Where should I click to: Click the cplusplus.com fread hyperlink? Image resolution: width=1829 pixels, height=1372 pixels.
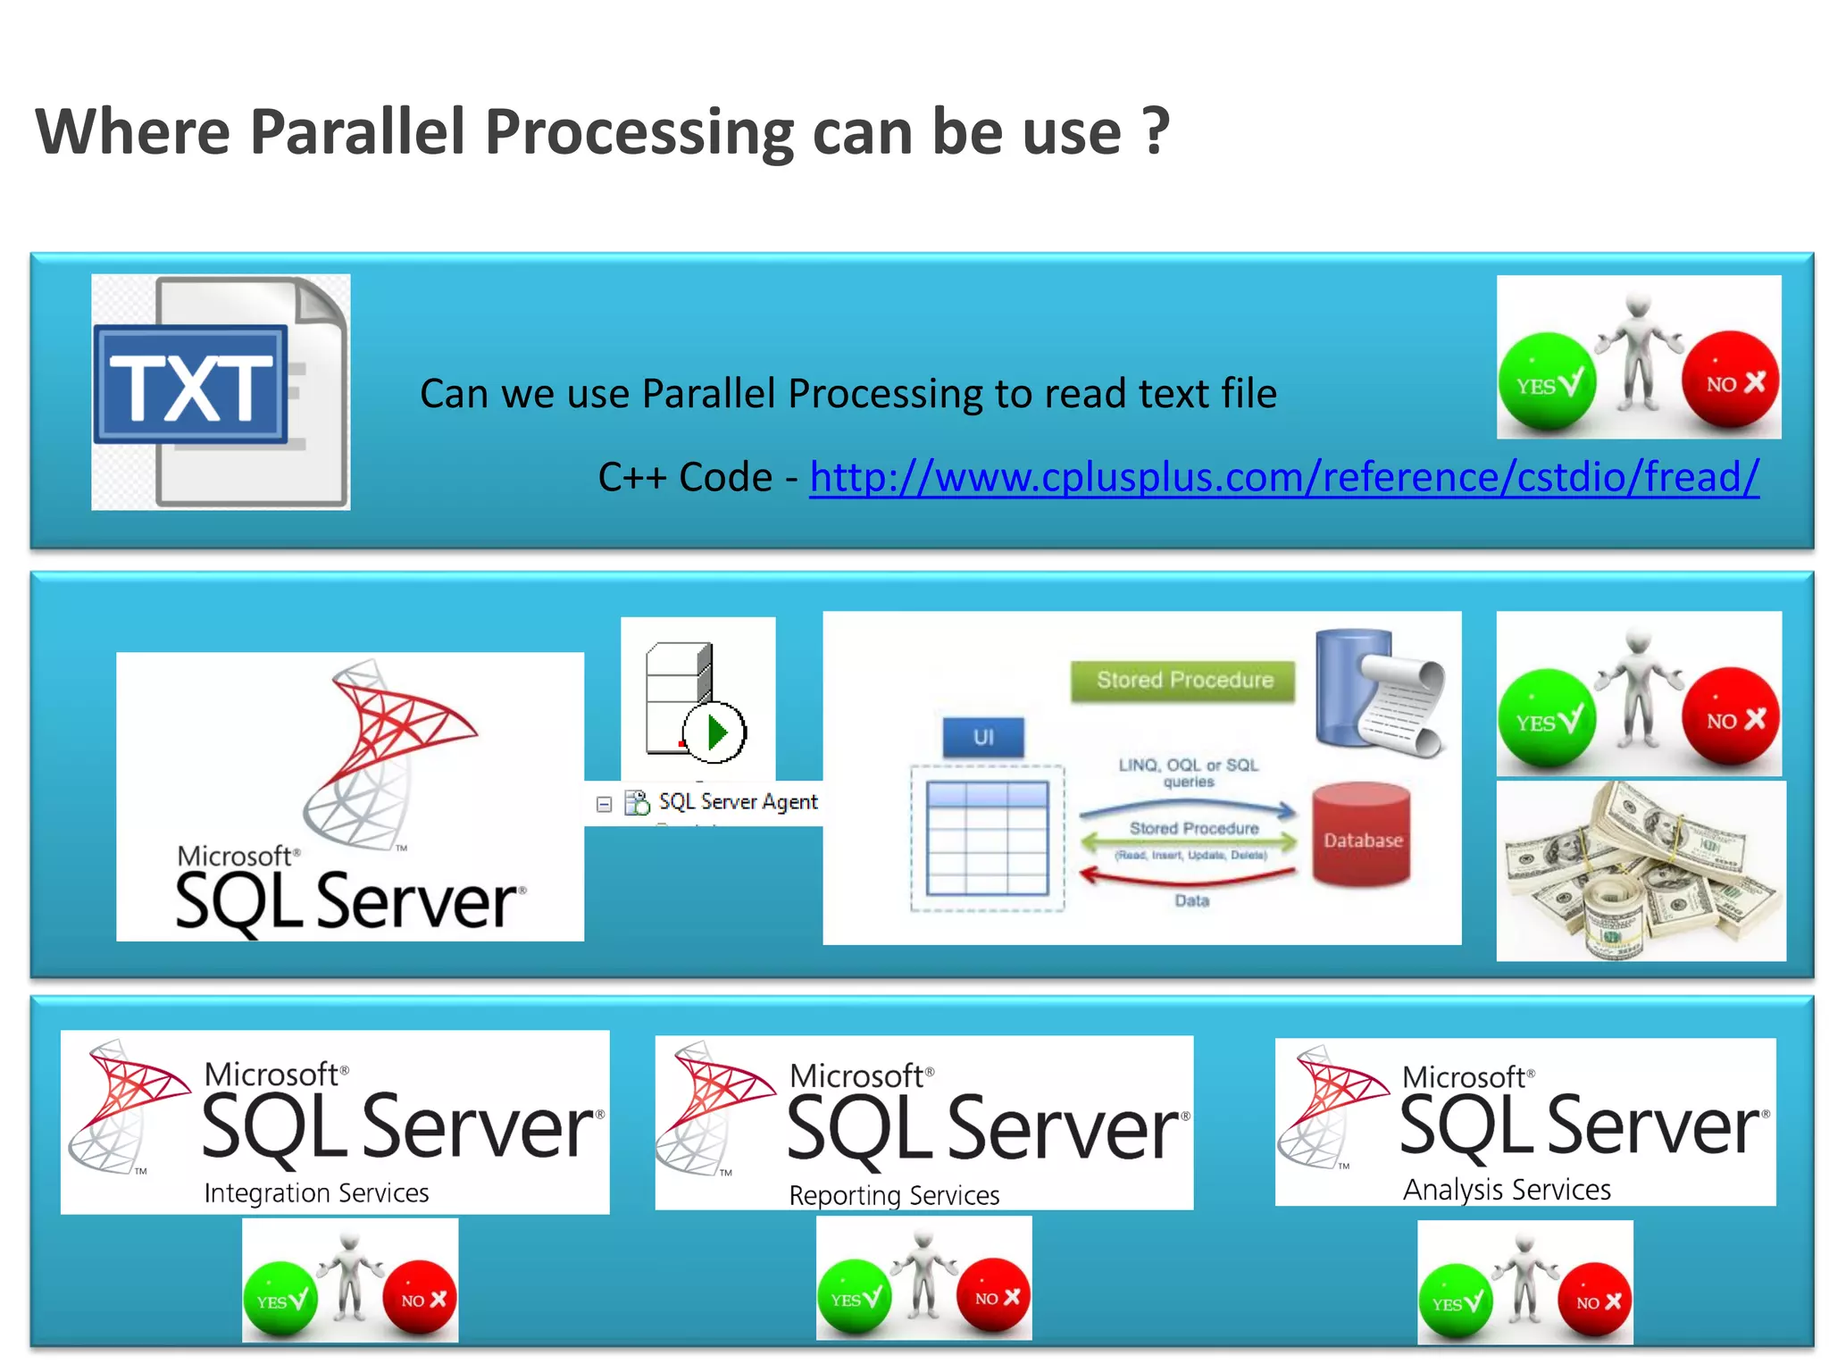(x=1283, y=477)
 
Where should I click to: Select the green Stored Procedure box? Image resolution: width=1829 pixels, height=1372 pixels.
(x=1183, y=681)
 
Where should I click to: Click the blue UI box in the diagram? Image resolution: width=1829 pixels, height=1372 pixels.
(x=983, y=738)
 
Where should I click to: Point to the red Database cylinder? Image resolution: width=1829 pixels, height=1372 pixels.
(x=1362, y=835)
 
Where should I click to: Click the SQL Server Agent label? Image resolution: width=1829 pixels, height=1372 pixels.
(x=738, y=802)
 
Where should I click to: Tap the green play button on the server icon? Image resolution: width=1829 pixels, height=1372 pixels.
(x=715, y=733)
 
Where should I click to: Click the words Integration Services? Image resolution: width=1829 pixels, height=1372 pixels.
(x=316, y=1193)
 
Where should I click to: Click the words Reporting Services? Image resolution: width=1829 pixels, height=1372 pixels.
(x=894, y=1195)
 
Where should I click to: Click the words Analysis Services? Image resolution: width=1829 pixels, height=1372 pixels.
(x=1507, y=1190)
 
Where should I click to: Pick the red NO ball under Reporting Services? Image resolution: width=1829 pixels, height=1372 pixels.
(x=993, y=1296)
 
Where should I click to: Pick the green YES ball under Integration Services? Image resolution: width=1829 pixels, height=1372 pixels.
(x=280, y=1299)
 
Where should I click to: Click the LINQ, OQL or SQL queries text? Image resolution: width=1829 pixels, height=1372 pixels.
(x=1188, y=773)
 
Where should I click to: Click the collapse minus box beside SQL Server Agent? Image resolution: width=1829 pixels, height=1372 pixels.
(x=604, y=804)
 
